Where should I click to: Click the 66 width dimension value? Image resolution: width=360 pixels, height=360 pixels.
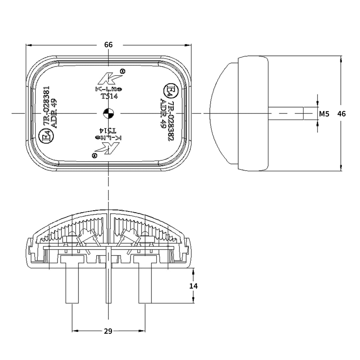[x=108, y=45]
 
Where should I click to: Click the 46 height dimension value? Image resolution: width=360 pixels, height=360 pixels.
[x=341, y=114]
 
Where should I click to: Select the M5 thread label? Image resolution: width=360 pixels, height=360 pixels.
[x=324, y=114]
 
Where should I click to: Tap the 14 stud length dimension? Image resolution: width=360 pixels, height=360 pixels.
[x=193, y=286]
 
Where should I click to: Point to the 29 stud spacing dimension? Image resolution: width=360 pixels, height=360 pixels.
[x=108, y=331]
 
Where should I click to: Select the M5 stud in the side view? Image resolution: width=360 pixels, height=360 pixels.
[x=286, y=113]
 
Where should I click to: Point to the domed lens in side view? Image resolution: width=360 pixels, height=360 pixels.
[x=223, y=113]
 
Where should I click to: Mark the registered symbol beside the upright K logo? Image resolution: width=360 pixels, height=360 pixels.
[x=123, y=71]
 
